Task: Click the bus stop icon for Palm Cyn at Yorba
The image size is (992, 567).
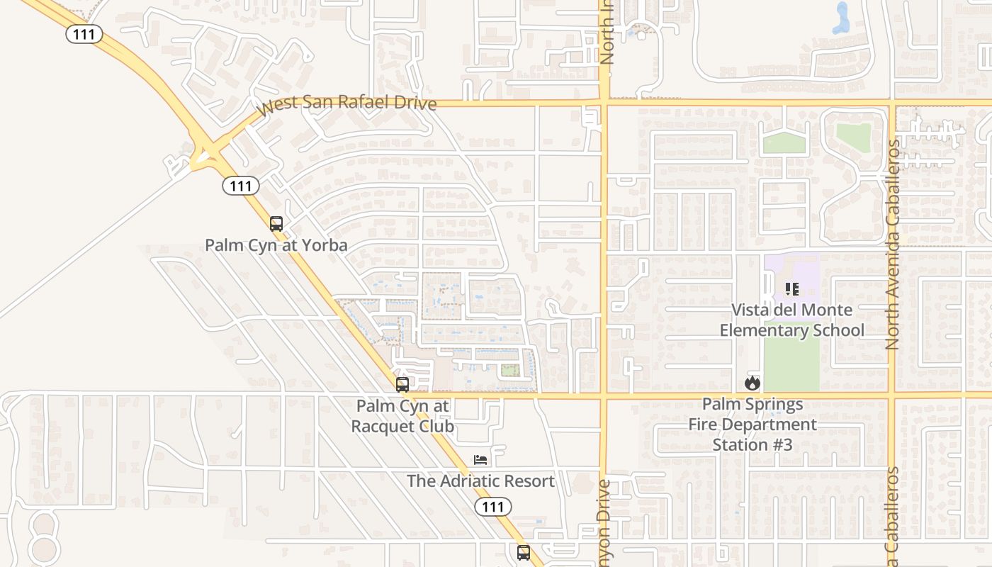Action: (x=276, y=224)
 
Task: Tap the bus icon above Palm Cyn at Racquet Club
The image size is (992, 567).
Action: (x=402, y=385)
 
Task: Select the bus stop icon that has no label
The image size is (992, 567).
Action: (x=524, y=552)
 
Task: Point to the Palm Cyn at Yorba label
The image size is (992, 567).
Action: (x=276, y=245)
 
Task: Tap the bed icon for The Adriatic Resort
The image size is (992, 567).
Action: (x=480, y=460)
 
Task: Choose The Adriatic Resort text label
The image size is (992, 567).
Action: (x=480, y=481)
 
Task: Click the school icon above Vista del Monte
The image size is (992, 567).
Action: (x=791, y=289)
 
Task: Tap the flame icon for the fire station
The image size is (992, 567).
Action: (x=753, y=383)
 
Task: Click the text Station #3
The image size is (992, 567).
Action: (x=752, y=445)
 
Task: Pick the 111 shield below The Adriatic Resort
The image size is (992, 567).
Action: (x=492, y=506)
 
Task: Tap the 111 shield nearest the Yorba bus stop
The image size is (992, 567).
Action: (x=241, y=186)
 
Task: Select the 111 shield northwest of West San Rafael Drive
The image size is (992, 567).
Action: (x=84, y=33)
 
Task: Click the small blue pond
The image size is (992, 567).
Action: (x=841, y=20)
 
